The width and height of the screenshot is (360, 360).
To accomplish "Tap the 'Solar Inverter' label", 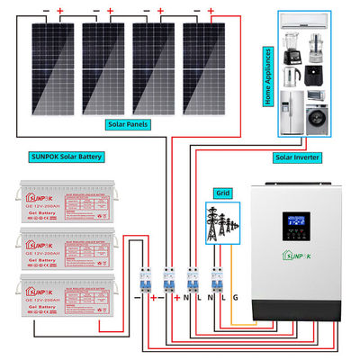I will coord(297,156).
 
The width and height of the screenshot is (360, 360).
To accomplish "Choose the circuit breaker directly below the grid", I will coord(215,281).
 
